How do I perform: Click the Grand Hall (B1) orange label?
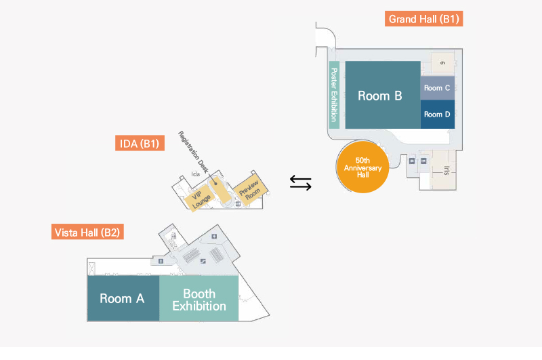coord(424,18)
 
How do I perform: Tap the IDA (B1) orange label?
coord(139,143)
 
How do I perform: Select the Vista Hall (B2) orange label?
coord(87,233)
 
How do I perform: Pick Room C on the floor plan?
coord(437,88)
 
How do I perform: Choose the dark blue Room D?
coord(437,114)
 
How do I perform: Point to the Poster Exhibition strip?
coord(334,94)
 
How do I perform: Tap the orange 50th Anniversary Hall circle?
coord(362,167)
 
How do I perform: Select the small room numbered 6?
coord(442,63)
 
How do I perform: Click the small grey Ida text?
coord(196,174)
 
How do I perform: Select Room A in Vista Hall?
coord(123,298)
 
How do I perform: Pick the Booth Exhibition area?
coord(199,299)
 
